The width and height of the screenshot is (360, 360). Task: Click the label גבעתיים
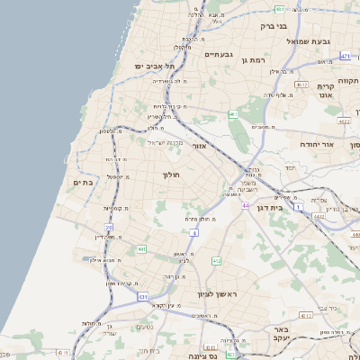[x=219, y=54]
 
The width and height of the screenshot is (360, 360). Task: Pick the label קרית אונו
[x=326, y=89]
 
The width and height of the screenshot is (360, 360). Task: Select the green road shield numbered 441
[x=141, y=248]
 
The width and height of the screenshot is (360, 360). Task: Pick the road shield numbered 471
[x=346, y=56]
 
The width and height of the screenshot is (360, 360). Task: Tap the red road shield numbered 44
[x=245, y=205]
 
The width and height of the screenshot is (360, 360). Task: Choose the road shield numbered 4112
[x=307, y=316]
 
